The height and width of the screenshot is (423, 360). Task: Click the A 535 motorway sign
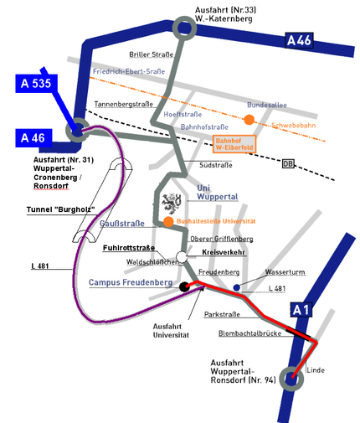[36, 84]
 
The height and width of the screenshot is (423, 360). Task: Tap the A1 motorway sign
[301, 309]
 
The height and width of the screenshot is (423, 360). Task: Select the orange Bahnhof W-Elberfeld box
[234, 144]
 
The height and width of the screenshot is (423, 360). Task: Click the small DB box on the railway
[288, 163]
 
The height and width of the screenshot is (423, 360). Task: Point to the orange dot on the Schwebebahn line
[249, 120]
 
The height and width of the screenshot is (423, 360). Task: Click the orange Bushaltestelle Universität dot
[168, 222]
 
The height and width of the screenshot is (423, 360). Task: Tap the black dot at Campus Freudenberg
[184, 286]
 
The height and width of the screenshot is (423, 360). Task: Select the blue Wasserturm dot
[237, 287]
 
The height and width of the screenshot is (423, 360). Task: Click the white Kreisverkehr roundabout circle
[182, 257]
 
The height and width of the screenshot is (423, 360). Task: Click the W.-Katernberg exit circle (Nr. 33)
[184, 28]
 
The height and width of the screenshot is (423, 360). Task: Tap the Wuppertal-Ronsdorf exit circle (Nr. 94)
[291, 379]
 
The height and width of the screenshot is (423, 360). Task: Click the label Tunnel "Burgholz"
[61, 209]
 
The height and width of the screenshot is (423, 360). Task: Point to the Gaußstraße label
[122, 224]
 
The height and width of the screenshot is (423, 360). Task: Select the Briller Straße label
[152, 54]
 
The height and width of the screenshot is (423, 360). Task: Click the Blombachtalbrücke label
[249, 333]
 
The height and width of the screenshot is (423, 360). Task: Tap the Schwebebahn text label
[294, 126]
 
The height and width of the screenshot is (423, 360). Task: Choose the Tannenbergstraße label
[124, 104]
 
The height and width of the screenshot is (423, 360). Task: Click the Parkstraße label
[222, 314]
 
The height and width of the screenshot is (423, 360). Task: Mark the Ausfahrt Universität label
[171, 331]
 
